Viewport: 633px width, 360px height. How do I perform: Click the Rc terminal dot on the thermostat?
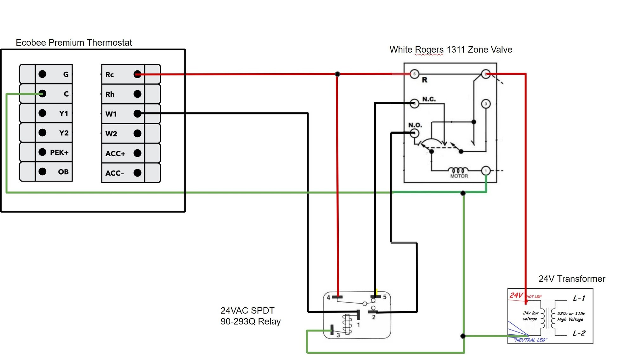coord(137,74)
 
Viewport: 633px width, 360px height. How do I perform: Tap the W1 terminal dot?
coord(137,113)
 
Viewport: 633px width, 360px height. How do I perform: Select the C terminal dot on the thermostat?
coord(42,93)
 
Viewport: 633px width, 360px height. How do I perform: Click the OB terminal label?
coord(63,172)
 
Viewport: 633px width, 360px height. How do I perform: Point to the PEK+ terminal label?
coord(59,152)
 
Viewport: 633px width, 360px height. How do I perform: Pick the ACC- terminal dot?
coord(137,173)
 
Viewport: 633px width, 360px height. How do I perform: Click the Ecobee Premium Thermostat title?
coord(74,42)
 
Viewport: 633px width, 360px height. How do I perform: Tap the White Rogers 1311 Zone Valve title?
coord(451,49)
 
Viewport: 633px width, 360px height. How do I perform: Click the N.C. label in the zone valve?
coord(429,99)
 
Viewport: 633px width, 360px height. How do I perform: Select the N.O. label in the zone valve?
coord(415,125)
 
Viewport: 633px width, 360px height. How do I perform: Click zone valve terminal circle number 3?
coord(486,104)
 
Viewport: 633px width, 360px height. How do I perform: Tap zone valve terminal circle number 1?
coord(486,171)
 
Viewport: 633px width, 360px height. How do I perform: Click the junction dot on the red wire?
coord(337,74)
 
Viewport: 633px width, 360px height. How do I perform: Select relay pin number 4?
coord(329,297)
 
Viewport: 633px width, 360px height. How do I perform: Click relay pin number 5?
coord(385,297)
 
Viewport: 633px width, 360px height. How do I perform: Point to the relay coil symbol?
coord(347,324)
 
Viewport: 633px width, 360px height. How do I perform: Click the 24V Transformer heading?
coord(572,279)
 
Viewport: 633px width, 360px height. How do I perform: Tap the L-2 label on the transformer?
coord(579,333)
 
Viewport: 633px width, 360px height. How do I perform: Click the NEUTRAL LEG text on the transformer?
coord(530,340)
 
